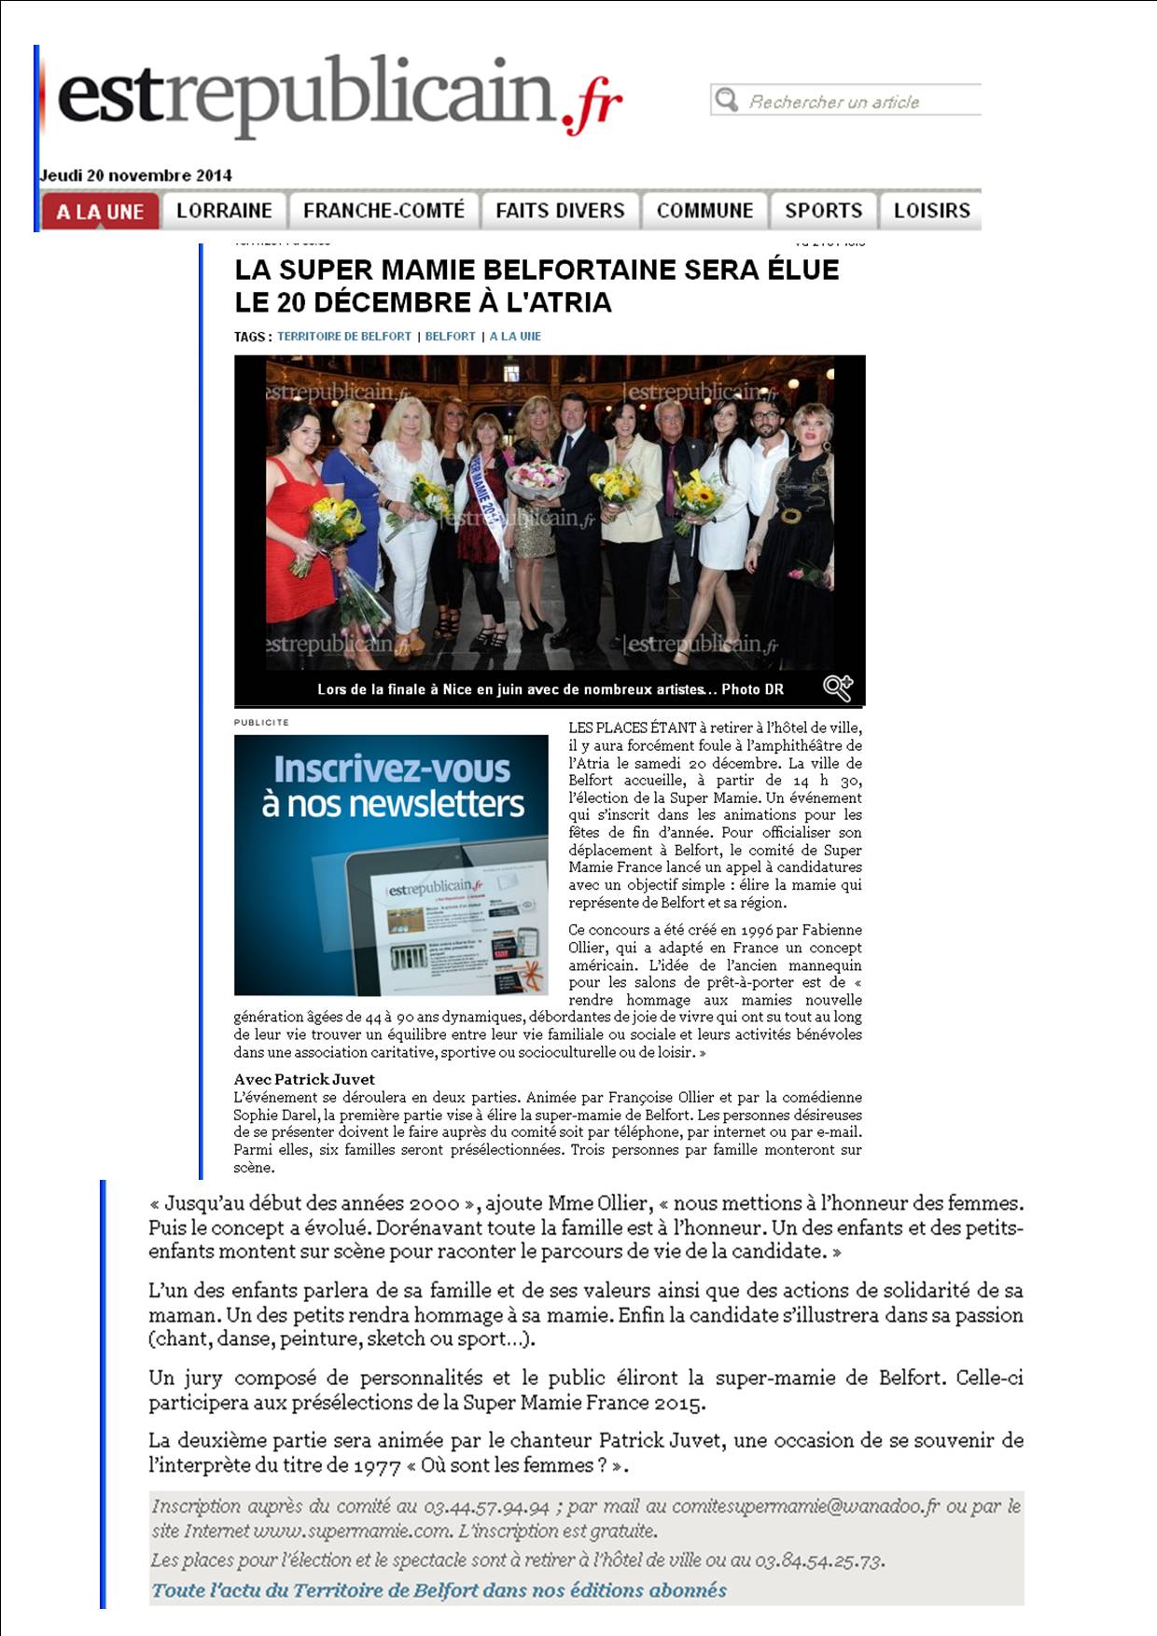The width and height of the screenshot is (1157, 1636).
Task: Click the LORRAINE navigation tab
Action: (x=224, y=211)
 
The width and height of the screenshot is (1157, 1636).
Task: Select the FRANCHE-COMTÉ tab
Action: (x=383, y=211)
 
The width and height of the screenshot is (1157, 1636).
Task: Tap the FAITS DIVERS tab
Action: (x=560, y=211)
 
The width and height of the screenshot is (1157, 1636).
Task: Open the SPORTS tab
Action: (x=823, y=211)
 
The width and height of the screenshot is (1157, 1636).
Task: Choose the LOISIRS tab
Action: (x=931, y=211)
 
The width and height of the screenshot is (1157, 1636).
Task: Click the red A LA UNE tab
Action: (x=100, y=212)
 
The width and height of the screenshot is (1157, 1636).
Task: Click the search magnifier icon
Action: (x=726, y=100)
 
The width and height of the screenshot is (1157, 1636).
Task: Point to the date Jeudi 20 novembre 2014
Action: (x=135, y=175)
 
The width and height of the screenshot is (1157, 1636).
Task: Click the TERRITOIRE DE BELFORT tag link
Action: (x=344, y=337)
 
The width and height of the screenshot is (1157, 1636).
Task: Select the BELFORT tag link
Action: (x=450, y=337)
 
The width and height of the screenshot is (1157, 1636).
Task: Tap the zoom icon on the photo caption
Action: (x=838, y=688)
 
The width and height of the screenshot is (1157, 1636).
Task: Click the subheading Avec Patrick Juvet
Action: (x=304, y=1079)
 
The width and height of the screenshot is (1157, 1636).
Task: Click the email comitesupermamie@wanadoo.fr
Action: (x=805, y=1506)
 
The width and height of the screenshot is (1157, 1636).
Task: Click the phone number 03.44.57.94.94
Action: (x=486, y=1506)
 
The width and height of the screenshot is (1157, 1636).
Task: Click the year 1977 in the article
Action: (x=377, y=1465)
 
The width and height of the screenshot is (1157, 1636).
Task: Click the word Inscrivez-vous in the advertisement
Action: (x=392, y=769)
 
